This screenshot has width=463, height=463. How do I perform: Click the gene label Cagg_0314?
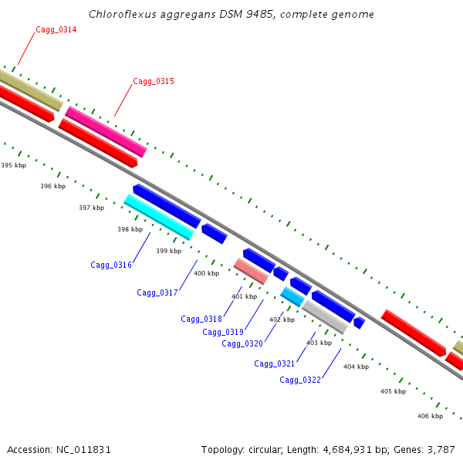(56, 29)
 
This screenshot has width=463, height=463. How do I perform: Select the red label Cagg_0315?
(154, 81)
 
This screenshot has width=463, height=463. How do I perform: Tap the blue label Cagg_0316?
(111, 265)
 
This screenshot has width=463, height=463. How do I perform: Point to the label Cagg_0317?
(157, 292)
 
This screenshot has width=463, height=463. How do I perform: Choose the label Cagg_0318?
(201, 319)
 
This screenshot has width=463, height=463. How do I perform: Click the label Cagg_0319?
(223, 332)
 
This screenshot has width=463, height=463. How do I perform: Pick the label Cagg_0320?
(242, 343)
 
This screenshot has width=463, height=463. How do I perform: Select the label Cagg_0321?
(275, 363)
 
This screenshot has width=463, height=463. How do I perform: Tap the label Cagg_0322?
(300, 380)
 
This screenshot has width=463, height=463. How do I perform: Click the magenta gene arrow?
(106, 131)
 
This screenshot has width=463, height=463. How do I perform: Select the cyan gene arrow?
(159, 217)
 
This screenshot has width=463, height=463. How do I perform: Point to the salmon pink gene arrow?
(251, 271)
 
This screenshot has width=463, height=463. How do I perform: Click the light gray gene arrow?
(325, 316)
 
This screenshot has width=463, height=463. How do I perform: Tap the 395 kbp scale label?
(13, 165)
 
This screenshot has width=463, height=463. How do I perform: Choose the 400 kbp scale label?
(206, 273)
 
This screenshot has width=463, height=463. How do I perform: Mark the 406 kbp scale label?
(430, 416)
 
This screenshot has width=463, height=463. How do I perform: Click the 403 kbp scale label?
(319, 343)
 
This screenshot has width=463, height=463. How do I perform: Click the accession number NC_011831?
(83, 449)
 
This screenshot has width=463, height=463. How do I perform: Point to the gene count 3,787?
(440, 449)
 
